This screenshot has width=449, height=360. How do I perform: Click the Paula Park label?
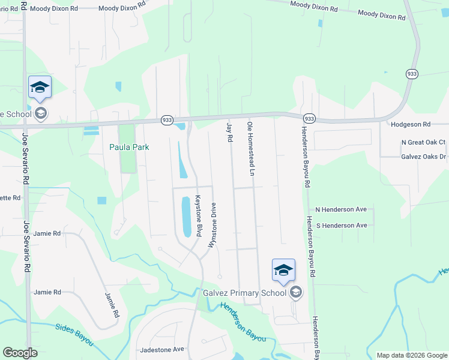point(128,147)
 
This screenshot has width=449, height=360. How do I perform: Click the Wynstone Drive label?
point(212,225)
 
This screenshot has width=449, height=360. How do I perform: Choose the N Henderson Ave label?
point(341,209)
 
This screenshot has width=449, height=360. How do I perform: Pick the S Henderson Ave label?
point(341,225)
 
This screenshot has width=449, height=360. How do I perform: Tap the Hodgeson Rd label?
point(411,124)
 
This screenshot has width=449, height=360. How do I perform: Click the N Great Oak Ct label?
point(423,142)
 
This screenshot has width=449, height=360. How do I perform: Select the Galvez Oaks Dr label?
point(423,157)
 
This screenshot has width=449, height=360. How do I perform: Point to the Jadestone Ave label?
point(161,349)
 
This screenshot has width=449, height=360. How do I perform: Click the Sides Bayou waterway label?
point(74,334)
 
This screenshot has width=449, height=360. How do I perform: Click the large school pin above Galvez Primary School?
point(283,270)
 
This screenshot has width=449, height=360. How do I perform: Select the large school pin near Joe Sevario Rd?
point(40,87)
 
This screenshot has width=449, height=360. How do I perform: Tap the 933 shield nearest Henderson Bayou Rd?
point(309,118)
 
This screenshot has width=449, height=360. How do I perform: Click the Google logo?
point(20,353)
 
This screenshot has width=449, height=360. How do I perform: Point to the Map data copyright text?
point(411,355)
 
